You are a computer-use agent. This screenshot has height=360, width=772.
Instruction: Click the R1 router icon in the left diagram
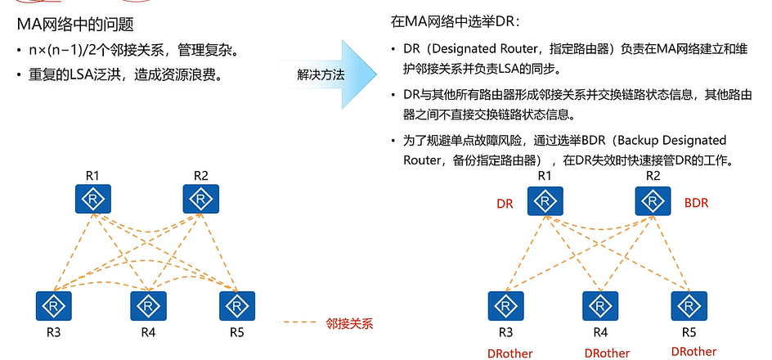92,199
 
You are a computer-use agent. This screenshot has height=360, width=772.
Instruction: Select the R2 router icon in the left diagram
200,199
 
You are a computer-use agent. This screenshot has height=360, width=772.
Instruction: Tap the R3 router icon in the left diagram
52,305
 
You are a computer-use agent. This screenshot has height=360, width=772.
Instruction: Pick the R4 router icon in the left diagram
148,305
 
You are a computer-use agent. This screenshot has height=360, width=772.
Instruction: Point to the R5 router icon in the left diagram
236,305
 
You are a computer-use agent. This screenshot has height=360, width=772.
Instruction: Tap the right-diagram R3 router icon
505,306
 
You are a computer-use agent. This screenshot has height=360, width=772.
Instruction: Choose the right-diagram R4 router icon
600,306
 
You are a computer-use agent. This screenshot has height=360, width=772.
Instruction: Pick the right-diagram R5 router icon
689,306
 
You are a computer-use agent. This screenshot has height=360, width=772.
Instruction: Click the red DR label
505,204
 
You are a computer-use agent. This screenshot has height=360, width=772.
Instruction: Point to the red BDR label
696,203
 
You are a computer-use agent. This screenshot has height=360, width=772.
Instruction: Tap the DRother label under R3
509,353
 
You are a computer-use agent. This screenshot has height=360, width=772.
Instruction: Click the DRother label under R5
693,352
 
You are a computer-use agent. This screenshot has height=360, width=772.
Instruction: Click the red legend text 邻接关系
349,323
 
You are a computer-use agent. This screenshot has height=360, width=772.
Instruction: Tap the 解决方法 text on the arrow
321,74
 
